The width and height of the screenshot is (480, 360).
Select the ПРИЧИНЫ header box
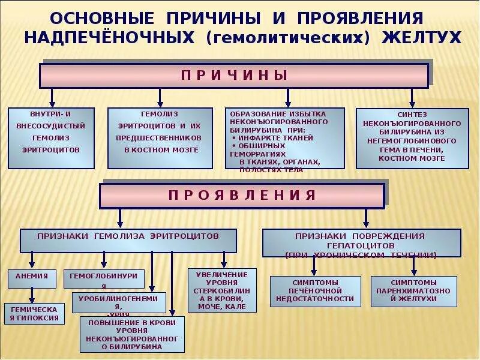[x=234, y=76]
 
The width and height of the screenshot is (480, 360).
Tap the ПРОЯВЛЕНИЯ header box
[x=241, y=196]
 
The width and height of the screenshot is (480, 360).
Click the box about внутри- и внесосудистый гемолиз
[x=51, y=138]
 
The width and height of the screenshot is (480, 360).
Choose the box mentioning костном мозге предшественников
[x=160, y=138]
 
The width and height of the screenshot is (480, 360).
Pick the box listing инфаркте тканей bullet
[x=284, y=139]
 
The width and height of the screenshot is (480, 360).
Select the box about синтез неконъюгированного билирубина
[x=412, y=139]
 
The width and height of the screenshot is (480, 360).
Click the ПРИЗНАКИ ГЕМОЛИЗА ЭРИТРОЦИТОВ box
[x=128, y=240]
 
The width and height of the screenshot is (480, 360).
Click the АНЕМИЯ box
[x=32, y=278]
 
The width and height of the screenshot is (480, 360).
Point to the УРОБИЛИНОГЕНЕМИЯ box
[x=119, y=302]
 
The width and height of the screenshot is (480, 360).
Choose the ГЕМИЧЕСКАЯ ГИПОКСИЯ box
[x=35, y=313]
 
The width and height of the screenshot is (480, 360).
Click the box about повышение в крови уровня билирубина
[x=132, y=334]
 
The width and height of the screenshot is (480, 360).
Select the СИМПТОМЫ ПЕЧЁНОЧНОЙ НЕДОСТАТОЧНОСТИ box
[x=315, y=291]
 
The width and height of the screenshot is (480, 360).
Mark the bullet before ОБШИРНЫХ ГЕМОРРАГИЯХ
[x=234, y=146]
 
